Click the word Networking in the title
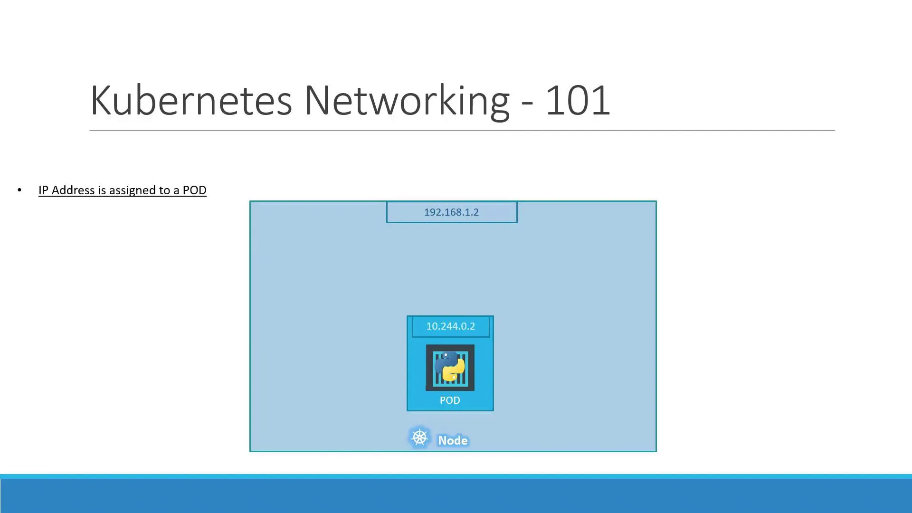click(407, 100)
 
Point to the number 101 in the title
click(578, 100)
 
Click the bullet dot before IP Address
click(19, 190)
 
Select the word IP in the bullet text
click(43, 190)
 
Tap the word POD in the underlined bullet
click(194, 190)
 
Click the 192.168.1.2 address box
click(451, 212)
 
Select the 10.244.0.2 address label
click(450, 326)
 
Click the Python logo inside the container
click(450, 367)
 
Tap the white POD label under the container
click(450, 400)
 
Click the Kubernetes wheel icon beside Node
click(419, 437)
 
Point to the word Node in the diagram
click(453, 441)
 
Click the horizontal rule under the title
click(462, 130)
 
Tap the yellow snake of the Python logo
click(455, 372)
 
